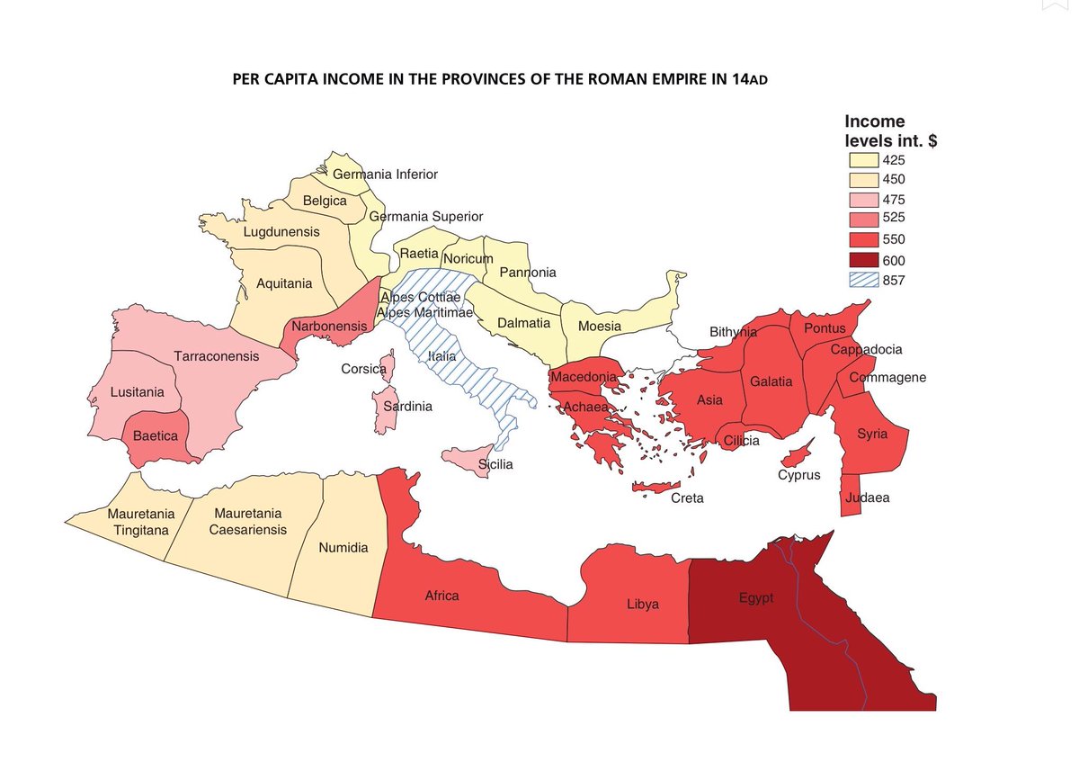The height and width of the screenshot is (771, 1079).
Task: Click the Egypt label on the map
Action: point(756,598)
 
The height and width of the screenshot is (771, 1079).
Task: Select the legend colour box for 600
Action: point(864,260)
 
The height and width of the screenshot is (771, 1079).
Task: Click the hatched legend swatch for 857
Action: point(864,280)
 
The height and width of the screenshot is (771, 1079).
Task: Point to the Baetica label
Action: point(155,435)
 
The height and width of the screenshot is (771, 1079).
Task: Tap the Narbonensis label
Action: point(329,327)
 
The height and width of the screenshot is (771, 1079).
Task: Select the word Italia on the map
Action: point(441,356)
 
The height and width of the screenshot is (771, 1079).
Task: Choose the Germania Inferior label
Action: point(385,174)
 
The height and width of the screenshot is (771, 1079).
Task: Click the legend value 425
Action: point(894,160)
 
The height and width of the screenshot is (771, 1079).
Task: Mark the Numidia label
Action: point(343,547)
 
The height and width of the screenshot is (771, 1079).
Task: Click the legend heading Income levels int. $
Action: point(890,131)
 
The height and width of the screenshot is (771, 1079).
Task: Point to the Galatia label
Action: point(771,381)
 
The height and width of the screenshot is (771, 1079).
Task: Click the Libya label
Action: point(642,604)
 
